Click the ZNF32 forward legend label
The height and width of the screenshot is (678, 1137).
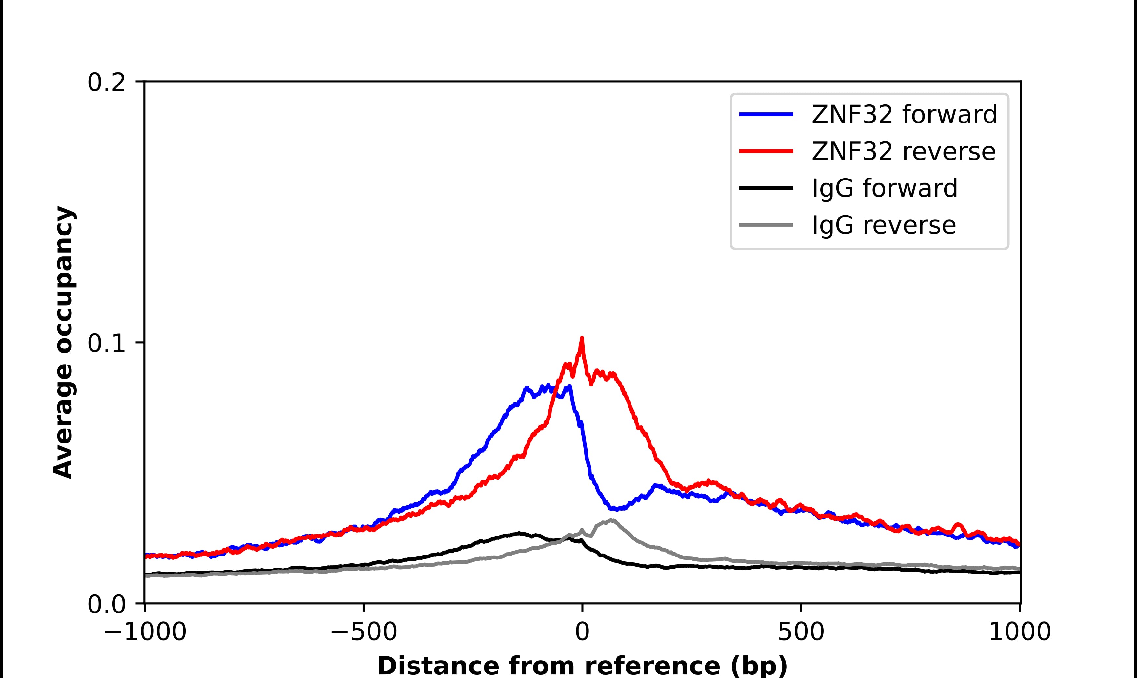tap(904, 114)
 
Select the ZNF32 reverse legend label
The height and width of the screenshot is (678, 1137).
tap(903, 151)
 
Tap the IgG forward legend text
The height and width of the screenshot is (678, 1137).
tap(884, 188)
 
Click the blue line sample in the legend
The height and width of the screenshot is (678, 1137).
tap(766, 114)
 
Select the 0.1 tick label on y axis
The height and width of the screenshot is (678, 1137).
tap(106, 344)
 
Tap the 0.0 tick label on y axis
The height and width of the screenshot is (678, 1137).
tap(106, 605)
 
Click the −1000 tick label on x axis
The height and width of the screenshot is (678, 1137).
tap(145, 633)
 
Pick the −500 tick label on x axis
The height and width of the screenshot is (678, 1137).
tap(364, 633)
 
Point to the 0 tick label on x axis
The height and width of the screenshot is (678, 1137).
tap(582, 633)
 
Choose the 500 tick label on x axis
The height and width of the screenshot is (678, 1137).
tap(801, 633)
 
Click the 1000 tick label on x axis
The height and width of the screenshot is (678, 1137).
tap(1020, 633)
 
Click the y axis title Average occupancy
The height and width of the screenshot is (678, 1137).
tap(63, 343)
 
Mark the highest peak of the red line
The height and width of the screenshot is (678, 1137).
tap(582, 339)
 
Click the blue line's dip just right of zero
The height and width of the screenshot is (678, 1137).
tap(615, 508)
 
